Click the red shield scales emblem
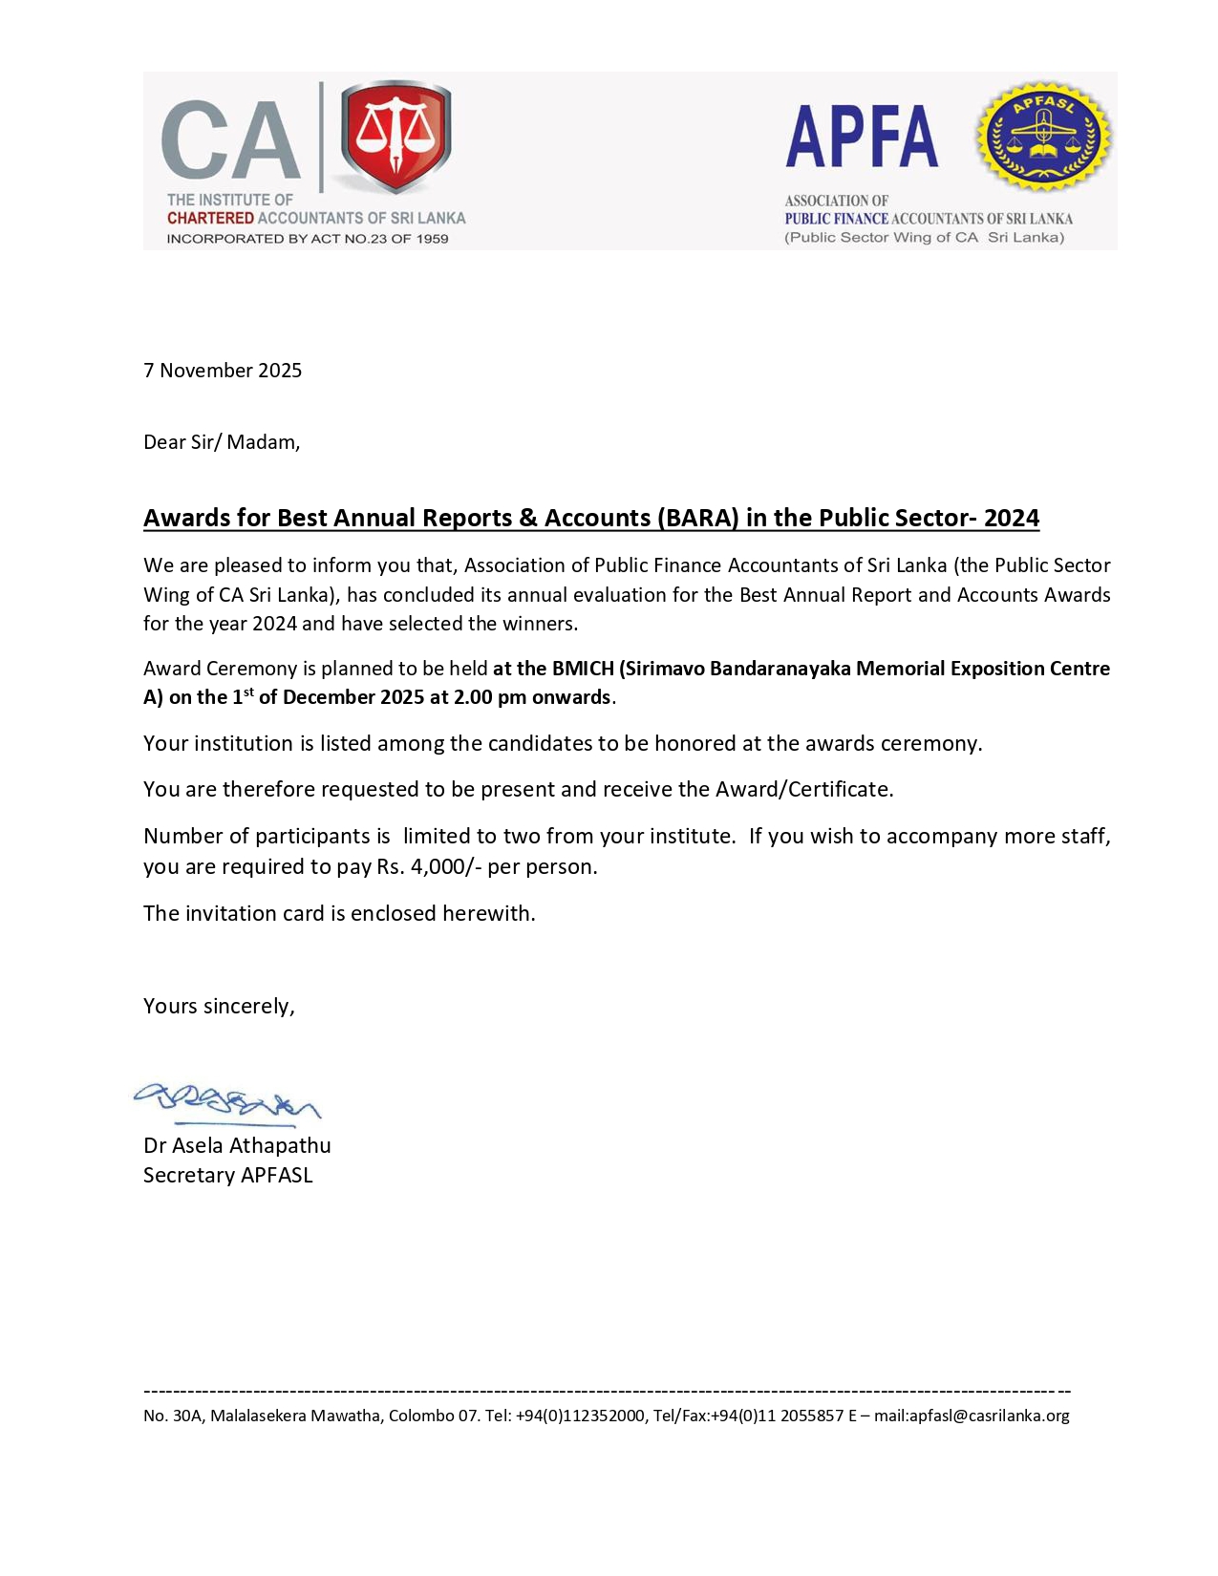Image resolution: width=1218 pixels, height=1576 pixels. click(x=395, y=137)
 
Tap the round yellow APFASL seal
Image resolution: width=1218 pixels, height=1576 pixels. click(x=1043, y=136)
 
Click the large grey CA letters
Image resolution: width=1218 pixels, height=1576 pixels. click(x=230, y=141)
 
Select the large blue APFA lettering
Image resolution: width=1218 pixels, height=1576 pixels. click(x=862, y=138)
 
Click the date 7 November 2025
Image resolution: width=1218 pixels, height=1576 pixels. click(x=223, y=371)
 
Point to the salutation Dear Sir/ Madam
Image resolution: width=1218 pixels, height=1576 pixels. click(x=222, y=442)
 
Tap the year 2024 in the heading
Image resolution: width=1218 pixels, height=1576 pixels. click(x=1012, y=518)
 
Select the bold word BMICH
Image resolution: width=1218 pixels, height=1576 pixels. click(x=583, y=669)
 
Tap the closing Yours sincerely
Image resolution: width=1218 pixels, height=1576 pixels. click(x=219, y=1006)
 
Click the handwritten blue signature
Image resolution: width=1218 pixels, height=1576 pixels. click(x=226, y=1102)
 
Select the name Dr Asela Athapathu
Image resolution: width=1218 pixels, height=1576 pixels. click(x=237, y=1145)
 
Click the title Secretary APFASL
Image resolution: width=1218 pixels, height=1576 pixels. click(x=228, y=1175)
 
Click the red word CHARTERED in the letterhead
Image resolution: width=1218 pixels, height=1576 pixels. click(x=210, y=218)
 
